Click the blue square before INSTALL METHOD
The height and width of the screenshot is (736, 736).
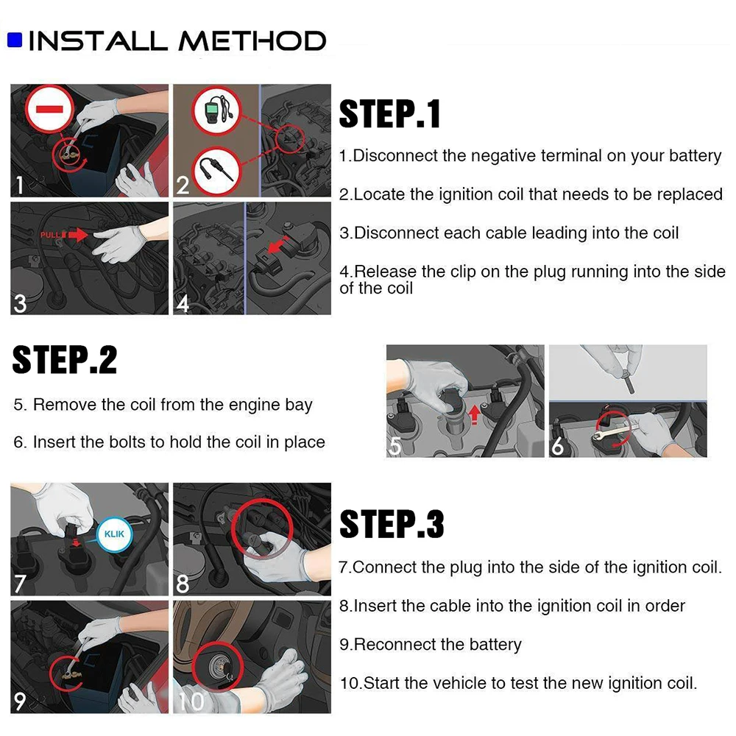(15, 40)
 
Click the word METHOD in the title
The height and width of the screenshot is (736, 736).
(252, 40)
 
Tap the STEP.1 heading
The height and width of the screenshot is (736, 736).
(389, 113)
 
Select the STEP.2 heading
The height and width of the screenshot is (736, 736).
(64, 360)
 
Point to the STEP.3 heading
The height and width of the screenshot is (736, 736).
(392, 524)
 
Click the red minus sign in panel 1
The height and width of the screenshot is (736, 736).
(49, 110)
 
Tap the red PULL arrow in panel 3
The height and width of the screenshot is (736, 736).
(78, 234)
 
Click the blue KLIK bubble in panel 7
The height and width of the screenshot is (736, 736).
(114, 534)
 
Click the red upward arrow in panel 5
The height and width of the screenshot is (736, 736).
(475, 415)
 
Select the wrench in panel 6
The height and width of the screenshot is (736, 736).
(615, 431)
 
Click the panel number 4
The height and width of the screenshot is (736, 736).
(183, 304)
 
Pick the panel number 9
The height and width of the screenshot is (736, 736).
(20, 701)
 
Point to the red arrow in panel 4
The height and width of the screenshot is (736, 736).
(278, 245)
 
